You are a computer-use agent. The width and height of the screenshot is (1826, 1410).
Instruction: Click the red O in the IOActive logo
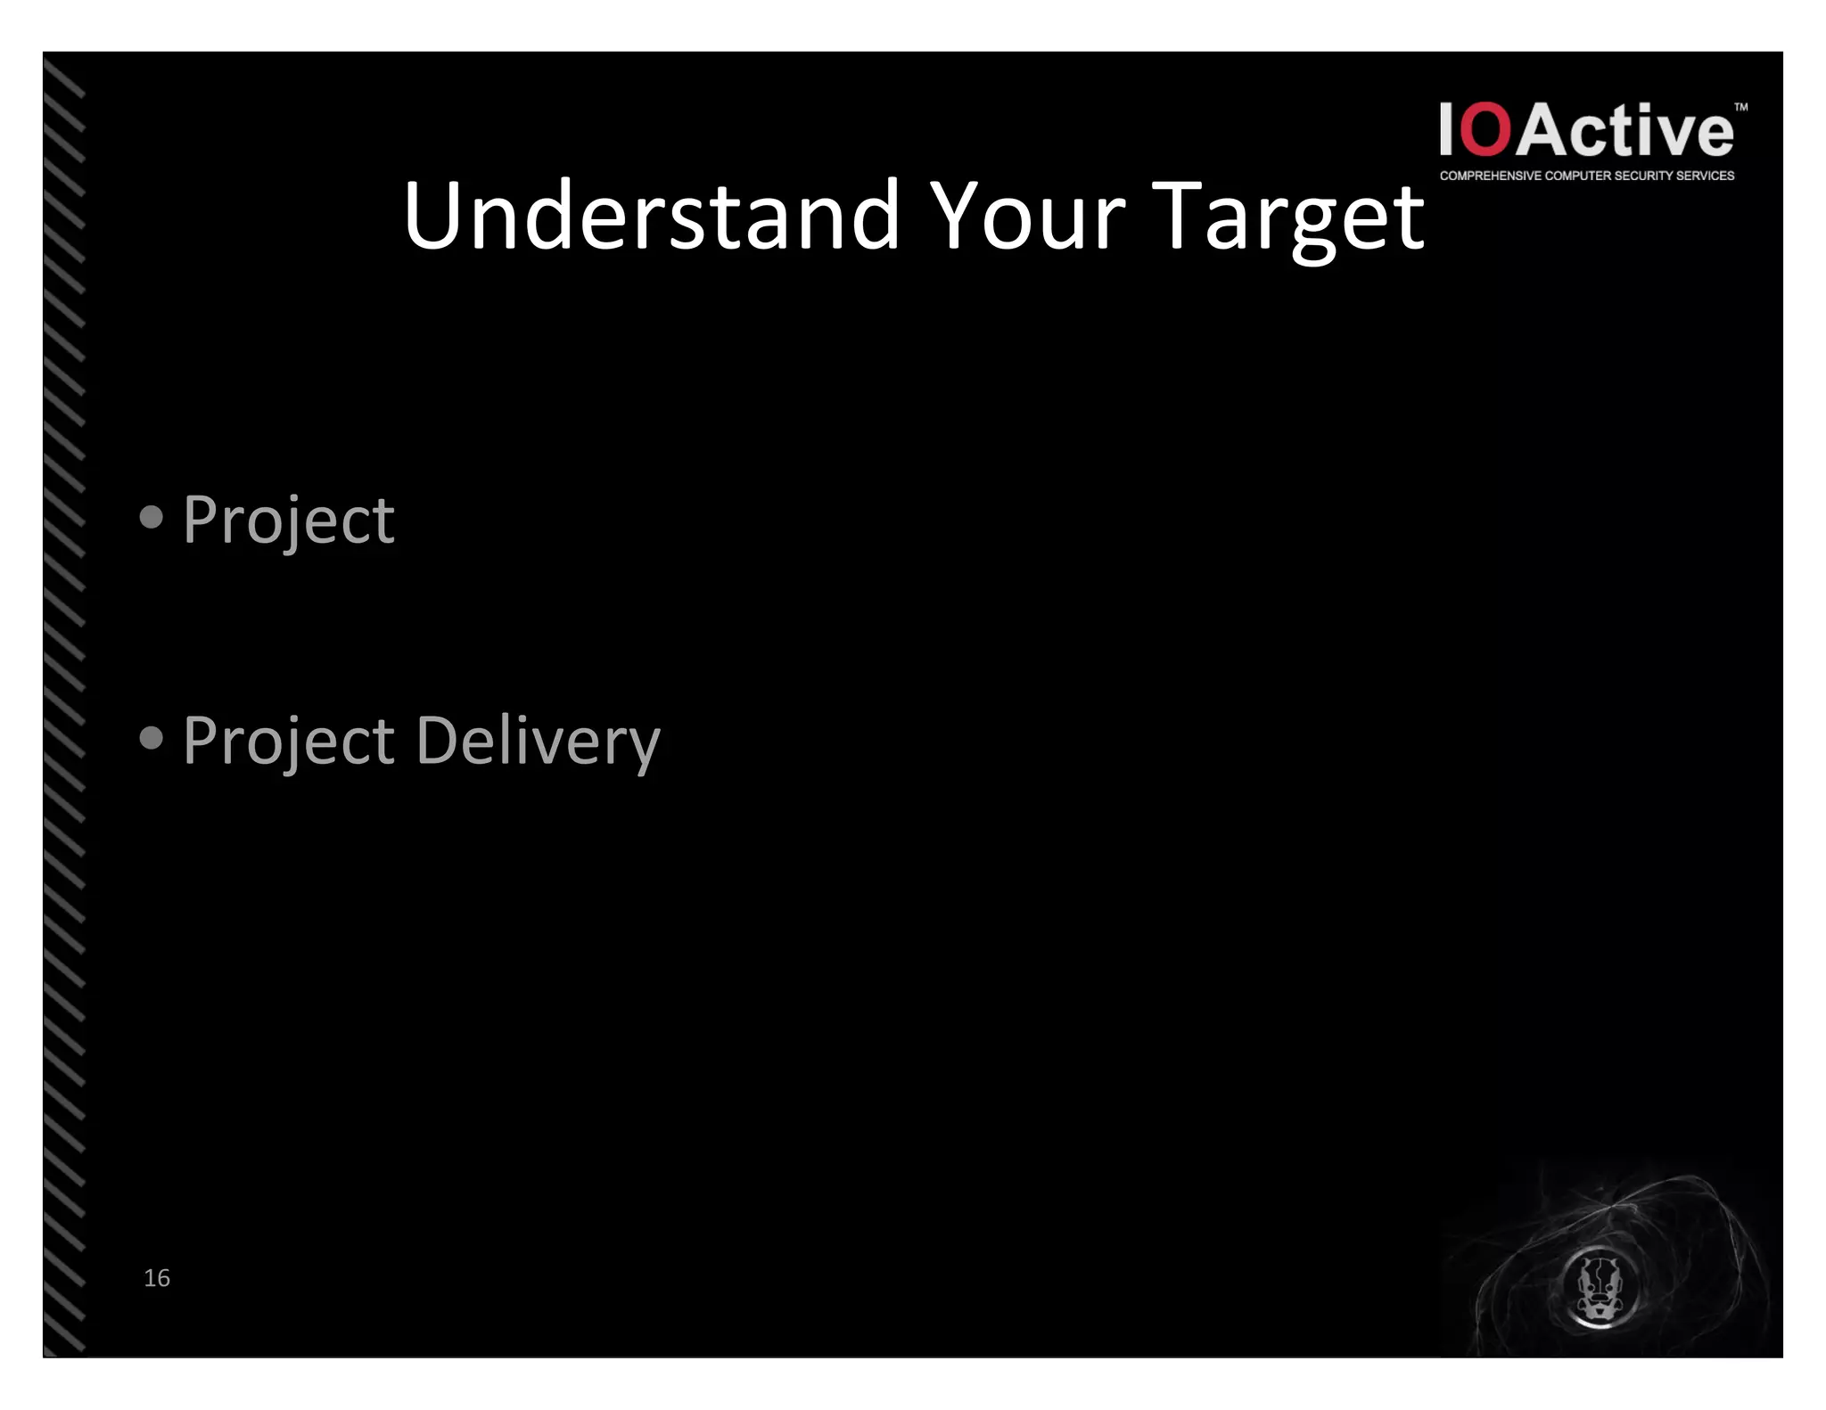click(1486, 131)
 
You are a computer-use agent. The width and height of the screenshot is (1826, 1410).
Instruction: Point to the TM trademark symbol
click(1740, 108)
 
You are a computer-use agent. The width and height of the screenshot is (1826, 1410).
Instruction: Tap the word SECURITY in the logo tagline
click(1642, 176)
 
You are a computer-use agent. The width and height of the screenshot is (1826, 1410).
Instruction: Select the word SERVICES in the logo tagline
click(1705, 176)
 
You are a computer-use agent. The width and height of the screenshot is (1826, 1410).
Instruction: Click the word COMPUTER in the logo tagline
click(1577, 176)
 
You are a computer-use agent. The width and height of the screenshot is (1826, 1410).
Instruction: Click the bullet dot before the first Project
click(152, 517)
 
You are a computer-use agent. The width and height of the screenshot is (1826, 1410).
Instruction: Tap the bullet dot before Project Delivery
click(152, 738)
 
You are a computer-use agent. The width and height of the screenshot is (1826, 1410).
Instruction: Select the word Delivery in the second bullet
click(538, 742)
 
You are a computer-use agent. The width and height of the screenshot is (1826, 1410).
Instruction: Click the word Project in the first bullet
click(288, 521)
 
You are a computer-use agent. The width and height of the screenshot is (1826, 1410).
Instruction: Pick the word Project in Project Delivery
click(288, 742)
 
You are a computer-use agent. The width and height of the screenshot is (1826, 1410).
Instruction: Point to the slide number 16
click(157, 1278)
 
